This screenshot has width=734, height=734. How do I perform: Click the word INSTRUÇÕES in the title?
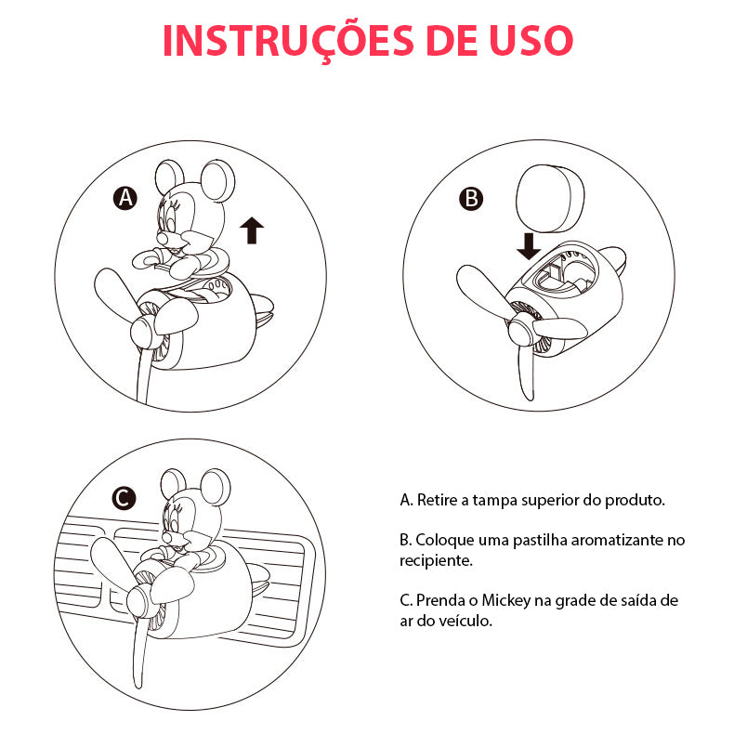pyautogui.click(x=287, y=41)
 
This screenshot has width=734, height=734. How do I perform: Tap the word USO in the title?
pyautogui.click(x=531, y=40)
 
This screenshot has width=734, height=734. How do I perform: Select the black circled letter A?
pyautogui.click(x=125, y=199)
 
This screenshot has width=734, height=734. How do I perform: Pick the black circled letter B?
pyautogui.click(x=471, y=199)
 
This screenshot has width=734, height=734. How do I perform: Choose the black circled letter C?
pyautogui.click(x=125, y=498)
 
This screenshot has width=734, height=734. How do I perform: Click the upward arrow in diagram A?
pyautogui.click(x=252, y=230)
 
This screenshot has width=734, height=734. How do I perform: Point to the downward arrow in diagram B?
pyautogui.click(x=529, y=247)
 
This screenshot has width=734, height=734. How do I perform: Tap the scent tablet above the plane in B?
pyautogui.click(x=550, y=199)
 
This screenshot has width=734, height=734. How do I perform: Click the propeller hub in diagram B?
pyautogui.click(x=521, y=329)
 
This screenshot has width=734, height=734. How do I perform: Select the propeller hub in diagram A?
pyautogui.click(x=144, y=332)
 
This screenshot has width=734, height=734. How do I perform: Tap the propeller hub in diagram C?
pyautogui.click(x=139, y=601)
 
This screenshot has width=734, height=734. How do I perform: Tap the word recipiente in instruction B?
pyautogui.click(x=436, y=561)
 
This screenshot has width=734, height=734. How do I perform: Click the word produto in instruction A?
pyautogui.click(x=635, y=501)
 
